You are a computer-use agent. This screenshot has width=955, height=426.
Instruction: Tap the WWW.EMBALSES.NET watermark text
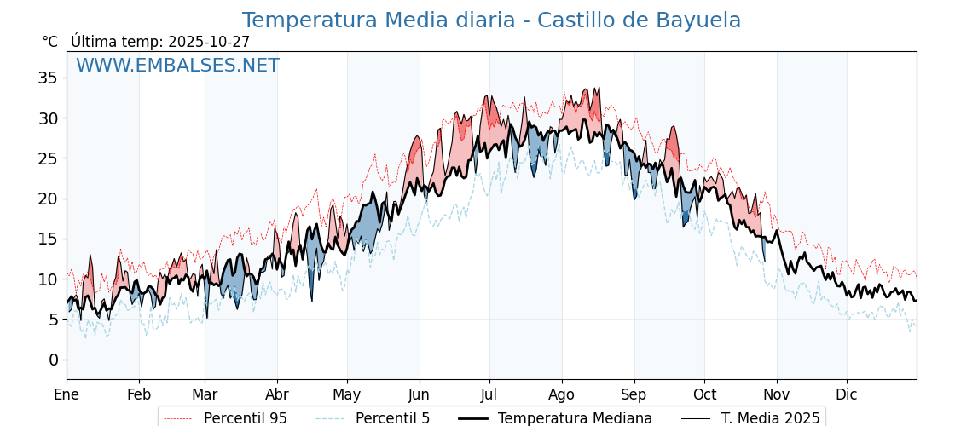177,66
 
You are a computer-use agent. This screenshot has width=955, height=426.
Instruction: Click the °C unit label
49,42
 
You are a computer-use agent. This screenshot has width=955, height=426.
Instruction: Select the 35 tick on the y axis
48,78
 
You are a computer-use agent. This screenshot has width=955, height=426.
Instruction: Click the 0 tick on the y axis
53,360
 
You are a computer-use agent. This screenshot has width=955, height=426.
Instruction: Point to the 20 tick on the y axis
48,199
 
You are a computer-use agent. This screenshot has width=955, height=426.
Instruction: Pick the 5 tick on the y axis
53,319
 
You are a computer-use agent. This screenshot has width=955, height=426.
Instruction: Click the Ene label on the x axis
67,394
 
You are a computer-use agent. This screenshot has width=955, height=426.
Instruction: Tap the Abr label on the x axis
277,394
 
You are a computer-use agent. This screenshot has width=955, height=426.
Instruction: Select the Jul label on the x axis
489,394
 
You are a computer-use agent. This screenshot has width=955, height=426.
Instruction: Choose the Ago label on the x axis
561,394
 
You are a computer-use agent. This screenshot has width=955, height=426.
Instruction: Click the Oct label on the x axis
704,394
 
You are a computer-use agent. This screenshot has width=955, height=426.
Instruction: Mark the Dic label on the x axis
847,394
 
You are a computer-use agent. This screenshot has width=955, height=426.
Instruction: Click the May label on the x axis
347,394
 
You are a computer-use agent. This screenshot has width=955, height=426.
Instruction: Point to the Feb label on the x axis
139,394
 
